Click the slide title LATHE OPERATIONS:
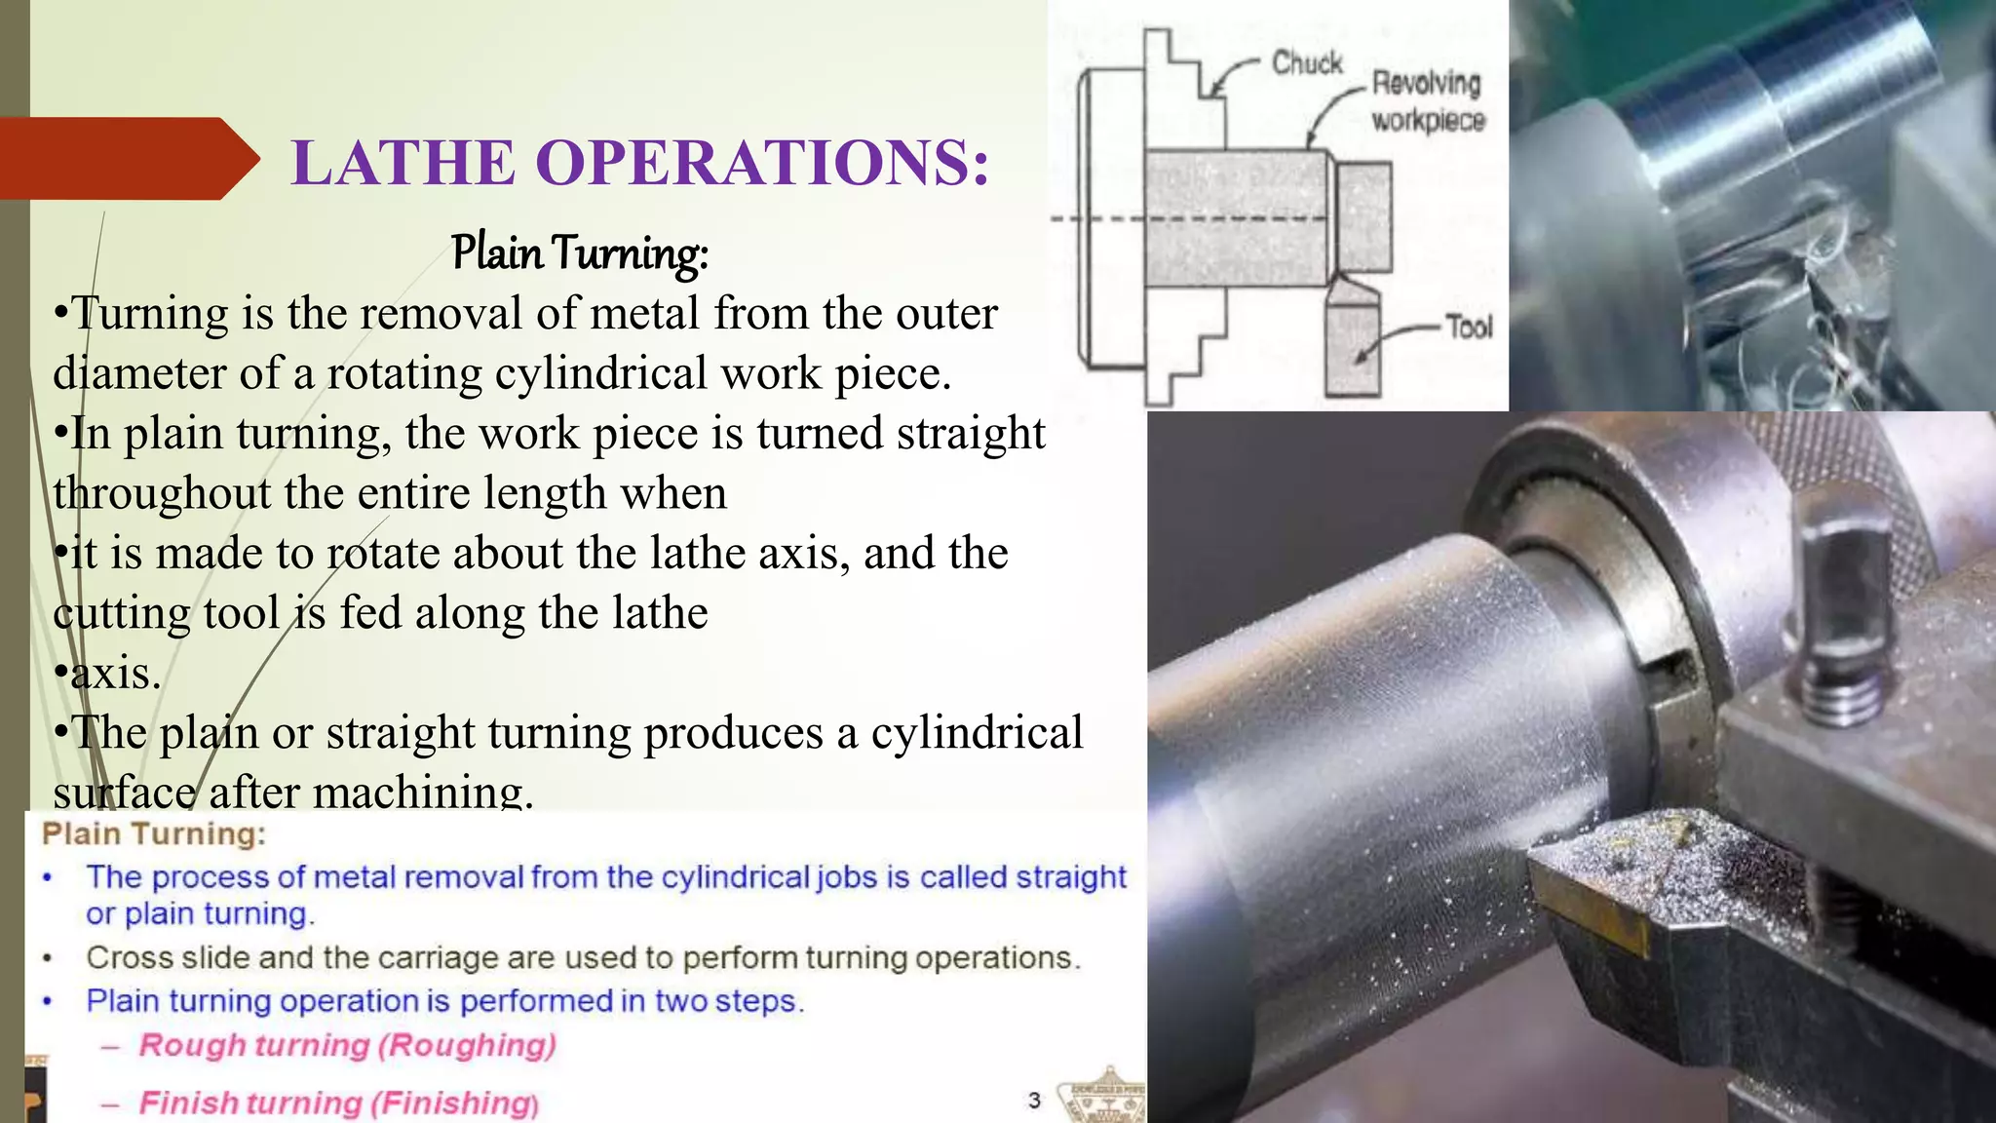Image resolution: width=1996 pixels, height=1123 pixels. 640,162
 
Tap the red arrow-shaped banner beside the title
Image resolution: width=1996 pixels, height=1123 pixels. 127,159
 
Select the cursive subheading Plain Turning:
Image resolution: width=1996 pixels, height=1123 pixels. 579,252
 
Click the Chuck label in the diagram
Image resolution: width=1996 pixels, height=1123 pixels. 1307,63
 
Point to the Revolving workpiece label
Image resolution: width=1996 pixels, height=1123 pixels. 1427,101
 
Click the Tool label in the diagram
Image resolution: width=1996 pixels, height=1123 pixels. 1469,327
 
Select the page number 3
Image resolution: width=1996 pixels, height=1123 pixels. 1034,1101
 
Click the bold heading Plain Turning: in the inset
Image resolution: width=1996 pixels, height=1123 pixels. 154,834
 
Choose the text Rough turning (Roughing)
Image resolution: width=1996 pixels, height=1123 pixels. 347,1045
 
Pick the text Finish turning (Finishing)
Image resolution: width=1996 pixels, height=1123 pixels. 338,1103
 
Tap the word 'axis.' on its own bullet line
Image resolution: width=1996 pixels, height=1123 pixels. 115,673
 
